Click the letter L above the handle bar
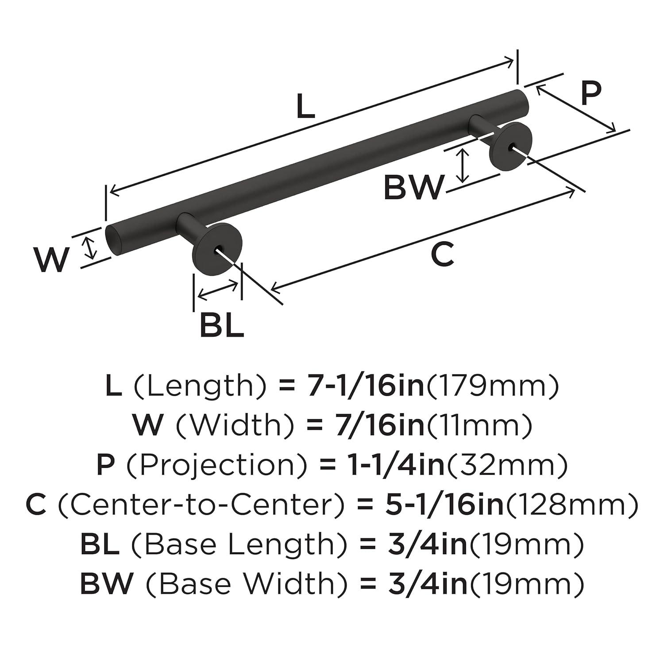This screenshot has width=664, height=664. (305, 108)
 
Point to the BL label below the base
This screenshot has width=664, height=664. (221, 325)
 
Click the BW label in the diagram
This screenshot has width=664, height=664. (413, 188)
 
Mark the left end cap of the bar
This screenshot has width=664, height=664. (113, 240)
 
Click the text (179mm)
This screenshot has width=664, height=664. (492, 386)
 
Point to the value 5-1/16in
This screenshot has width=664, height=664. (444, 505)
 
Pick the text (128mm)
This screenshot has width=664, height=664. (571, 505)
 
